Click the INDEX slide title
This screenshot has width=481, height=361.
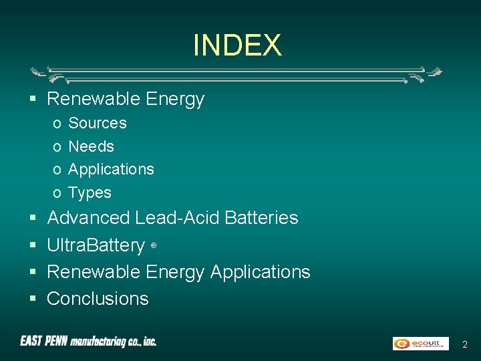(x=237, y=45)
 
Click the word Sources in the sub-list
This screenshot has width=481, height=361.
(x=98, y=123)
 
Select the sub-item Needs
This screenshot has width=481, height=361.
(x=92, y=146)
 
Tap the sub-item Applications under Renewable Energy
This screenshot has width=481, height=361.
(x=111, y=169)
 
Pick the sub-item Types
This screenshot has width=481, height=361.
(x=90, y=193)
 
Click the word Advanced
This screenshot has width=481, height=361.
(x=89, y=218)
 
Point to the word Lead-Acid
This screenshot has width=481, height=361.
(x=178, y=218)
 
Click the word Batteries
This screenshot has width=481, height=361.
(x=262, y=218)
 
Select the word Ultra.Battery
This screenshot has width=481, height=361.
(x=96, y=245)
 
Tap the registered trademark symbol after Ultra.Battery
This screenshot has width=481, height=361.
(x=154, y=246)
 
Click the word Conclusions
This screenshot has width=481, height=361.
(x=98, y=299)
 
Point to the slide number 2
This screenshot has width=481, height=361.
(x=465, y=344)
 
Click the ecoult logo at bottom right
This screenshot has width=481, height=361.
(x=420, y=344)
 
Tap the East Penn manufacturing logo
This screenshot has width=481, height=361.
(x=88, y=342)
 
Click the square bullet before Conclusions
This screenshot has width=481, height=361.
(x=33, y=299)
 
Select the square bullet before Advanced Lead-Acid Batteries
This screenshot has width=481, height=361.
(x=33, y=219)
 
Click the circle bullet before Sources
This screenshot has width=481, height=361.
(x=57, y=124)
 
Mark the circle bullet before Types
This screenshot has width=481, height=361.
(x=57, y=193)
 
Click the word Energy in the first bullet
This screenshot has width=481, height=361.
(x=174, y=99)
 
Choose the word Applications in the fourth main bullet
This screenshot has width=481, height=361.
(x=261, y=272)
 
